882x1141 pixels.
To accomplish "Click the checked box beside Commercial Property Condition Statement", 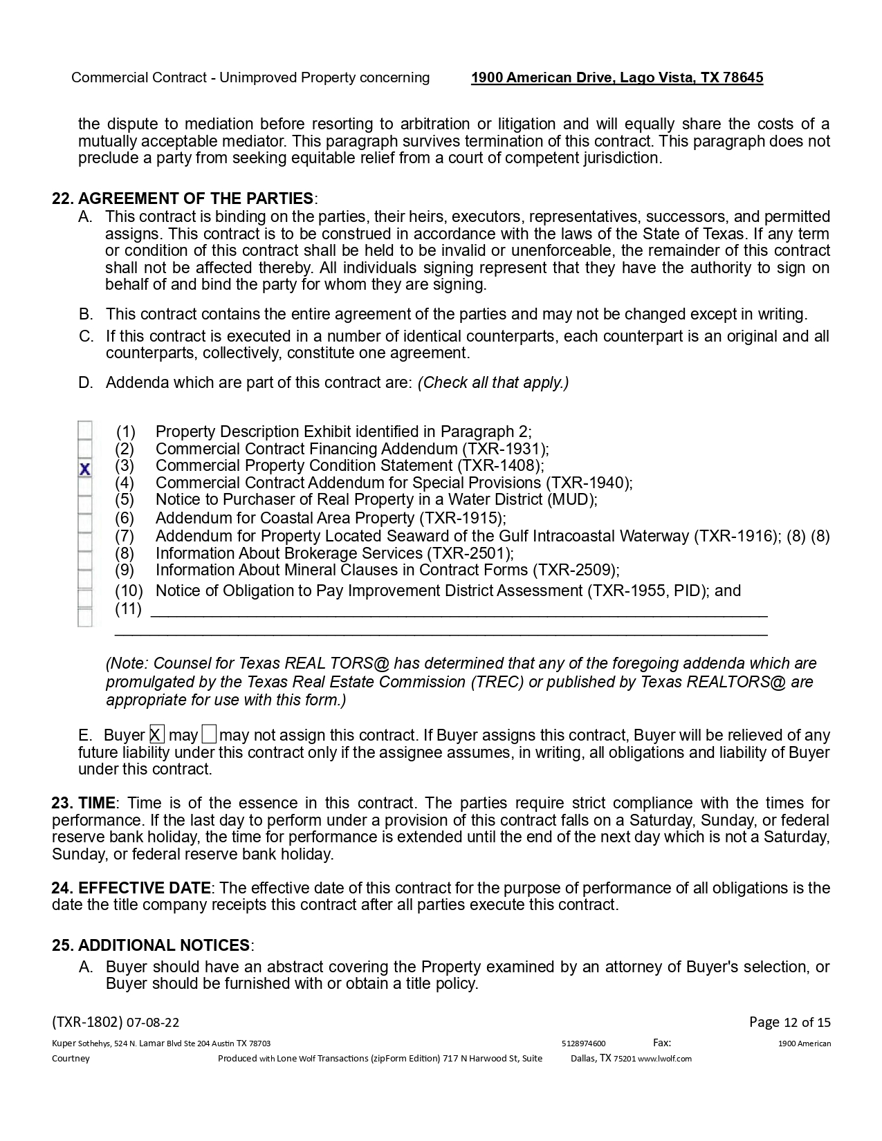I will (84, 469).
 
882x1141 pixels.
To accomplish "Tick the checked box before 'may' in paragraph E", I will (157, 734).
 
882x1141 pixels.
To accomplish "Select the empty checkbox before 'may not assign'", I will (210, 734).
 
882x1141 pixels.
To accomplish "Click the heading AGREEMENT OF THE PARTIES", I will (196, 198).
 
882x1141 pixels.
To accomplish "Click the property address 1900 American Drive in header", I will (617, 77).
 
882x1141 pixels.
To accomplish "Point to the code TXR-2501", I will (470, 553).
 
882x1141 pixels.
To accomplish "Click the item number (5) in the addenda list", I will (125, 499).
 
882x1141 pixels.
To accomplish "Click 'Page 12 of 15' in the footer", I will (790, 1022).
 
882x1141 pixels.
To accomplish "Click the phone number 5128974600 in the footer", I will (584, 1043).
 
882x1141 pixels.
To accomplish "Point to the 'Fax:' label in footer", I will (662, 1043).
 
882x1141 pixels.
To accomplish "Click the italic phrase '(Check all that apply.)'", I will (493, 382).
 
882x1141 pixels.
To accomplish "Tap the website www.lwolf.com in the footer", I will (665, 1059).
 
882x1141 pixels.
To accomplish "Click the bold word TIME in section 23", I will (97, 803).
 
